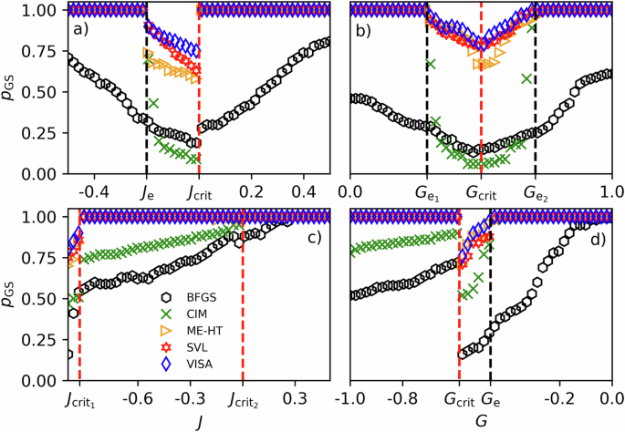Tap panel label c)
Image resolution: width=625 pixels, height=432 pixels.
(313, 239)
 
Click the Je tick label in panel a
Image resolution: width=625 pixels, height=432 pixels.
(147, 193)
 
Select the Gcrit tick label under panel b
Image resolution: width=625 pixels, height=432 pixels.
(482, 193)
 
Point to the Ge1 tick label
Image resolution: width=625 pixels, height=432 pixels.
(427, 193)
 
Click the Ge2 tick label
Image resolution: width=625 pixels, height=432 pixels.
(536, 193)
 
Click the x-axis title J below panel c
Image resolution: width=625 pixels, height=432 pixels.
(200, 421)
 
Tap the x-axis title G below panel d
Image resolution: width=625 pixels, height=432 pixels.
(481, 421)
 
